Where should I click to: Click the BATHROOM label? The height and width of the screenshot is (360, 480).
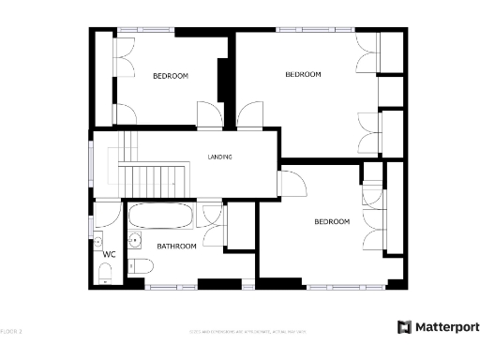[176, 247]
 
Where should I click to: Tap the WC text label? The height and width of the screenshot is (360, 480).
[109, 254]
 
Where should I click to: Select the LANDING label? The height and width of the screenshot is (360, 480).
[219, 157]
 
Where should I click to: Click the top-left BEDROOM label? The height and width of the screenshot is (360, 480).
[171, 76]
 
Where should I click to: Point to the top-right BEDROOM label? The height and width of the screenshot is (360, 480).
[303, 74]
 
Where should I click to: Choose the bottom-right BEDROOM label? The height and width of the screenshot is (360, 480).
[332, 222]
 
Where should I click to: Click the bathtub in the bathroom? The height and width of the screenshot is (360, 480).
[160, 217]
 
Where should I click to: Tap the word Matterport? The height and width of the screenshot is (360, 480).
[446, 327]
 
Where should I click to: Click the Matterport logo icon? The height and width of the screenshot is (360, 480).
[404, 327]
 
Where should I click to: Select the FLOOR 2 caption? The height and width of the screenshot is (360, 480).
[11, 331]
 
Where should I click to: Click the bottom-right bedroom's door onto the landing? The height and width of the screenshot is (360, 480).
[291, 185]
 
